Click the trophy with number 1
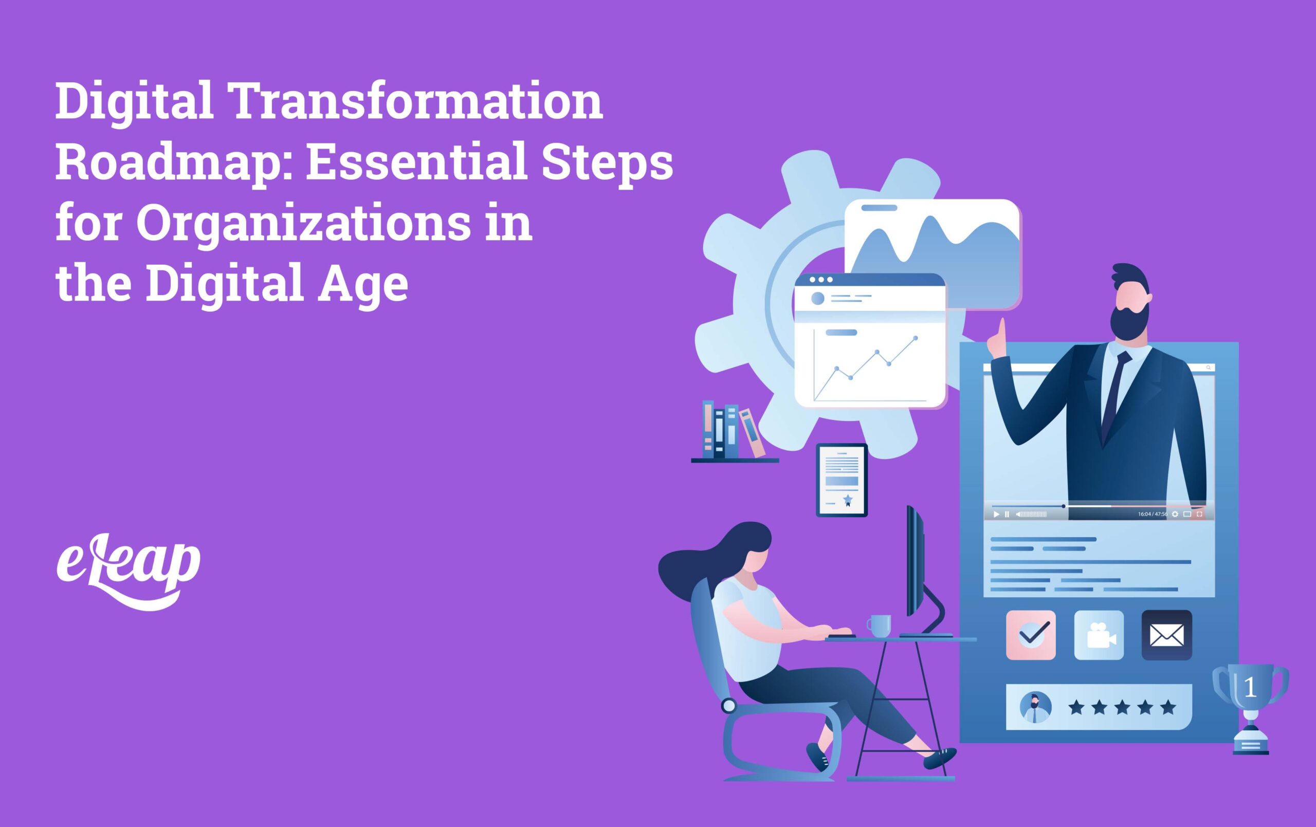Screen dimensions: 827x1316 pos(1250,705)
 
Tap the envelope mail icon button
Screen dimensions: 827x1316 pos(1166,635)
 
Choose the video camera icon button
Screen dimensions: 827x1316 pos(1099,635)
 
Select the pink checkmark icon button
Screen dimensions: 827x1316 pos(1031,635)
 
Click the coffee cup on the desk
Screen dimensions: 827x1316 pos(880,626)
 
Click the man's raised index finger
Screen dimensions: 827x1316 pos(1001,330)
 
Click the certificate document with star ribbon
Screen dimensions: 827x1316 pos(842,481)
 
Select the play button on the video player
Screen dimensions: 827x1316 pos(996,514)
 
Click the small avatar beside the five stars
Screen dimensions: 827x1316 pos(1036,707)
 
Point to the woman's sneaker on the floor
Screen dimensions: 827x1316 pos(940,759)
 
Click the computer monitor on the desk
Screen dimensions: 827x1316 pos(916,563)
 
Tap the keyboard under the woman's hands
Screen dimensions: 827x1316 pos(841,636)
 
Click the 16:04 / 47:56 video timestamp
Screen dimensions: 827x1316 pos(1152,514)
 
